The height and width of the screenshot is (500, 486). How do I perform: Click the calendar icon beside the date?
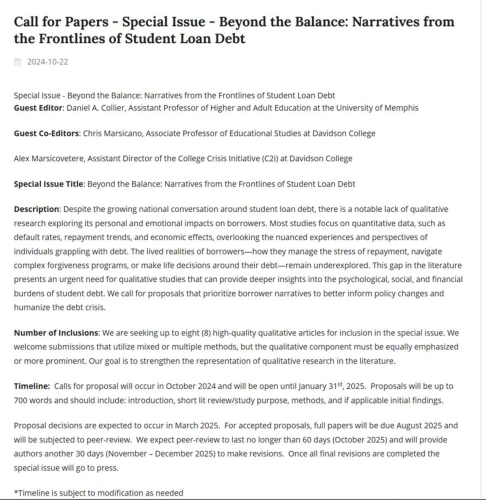tap(17, 62)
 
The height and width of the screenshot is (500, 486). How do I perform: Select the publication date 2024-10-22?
tap(47, 62)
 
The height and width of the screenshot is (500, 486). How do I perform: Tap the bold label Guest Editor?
tap(38, 107)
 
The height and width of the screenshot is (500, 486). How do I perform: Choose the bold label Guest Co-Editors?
tap(46, 133)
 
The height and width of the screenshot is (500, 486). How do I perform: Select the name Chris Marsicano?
tap(113, 133)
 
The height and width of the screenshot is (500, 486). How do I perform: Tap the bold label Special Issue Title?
tap(48, 184)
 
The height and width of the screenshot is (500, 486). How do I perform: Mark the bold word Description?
tap(36, 209)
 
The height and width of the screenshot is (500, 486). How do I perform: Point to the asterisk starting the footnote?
tap(15, 492)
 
